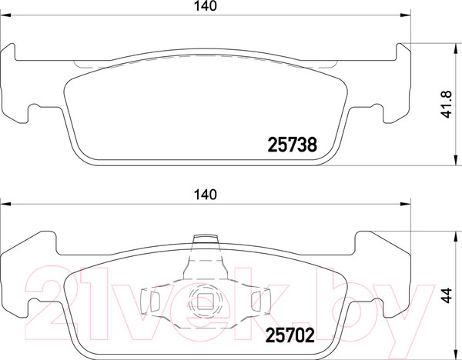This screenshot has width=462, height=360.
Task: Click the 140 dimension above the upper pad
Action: tap(204, 6)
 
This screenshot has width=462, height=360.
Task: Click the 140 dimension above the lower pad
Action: tap(204, 193)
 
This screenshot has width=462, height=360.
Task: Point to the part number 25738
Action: tap(292, 143)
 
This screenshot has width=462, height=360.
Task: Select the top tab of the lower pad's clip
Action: tap(206, 239)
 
